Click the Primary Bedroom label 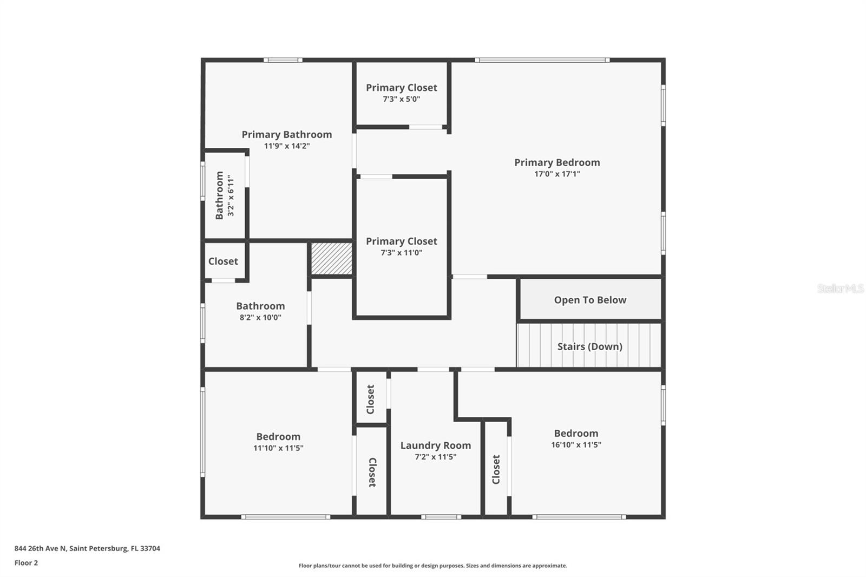point(557,162)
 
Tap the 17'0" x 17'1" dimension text point(557,174)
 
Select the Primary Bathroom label point(286,134)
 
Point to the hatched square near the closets point(331,259)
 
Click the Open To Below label point(590,300)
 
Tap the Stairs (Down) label point(589,346)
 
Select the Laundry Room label point(435,445)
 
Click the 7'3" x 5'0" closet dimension point(401,100)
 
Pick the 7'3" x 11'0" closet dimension point(401,253)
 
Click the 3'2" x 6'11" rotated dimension point(231,195)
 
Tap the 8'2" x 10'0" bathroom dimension point(260,318)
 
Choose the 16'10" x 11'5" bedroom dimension point(576,445)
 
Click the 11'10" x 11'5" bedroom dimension point(278,448)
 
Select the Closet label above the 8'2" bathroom point(223,261)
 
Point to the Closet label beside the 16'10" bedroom point(496,469)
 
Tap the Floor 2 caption point(26,563)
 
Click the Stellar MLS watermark point(840,289)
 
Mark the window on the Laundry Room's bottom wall point(441,517)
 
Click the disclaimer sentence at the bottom point(432,566)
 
